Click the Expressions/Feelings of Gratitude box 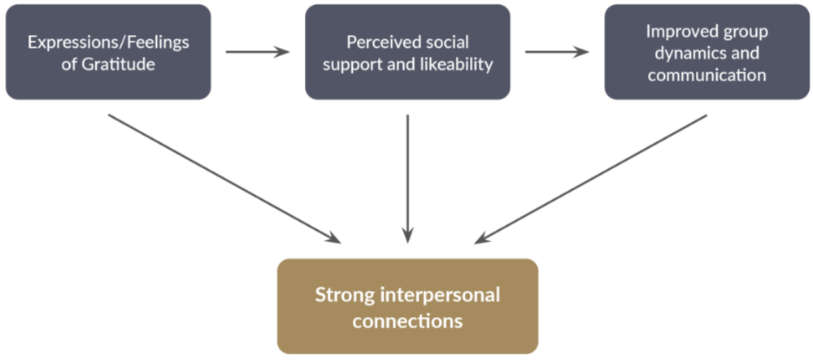tap(108, 52)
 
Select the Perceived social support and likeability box tap(407, 52)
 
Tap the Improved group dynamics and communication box tap(706, 52)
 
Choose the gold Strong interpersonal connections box tap(407, 306)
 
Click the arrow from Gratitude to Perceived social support tap(257, 52)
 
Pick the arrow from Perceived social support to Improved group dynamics tap(557, 52)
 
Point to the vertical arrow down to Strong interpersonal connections tap(407, 179)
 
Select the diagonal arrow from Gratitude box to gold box tap(224, 178)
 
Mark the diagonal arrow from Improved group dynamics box tap(591, 178)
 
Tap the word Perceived tap(376, 42)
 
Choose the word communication tap(706, 75)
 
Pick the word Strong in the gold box tap(342, 293)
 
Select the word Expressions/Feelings tap(108, 42)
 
